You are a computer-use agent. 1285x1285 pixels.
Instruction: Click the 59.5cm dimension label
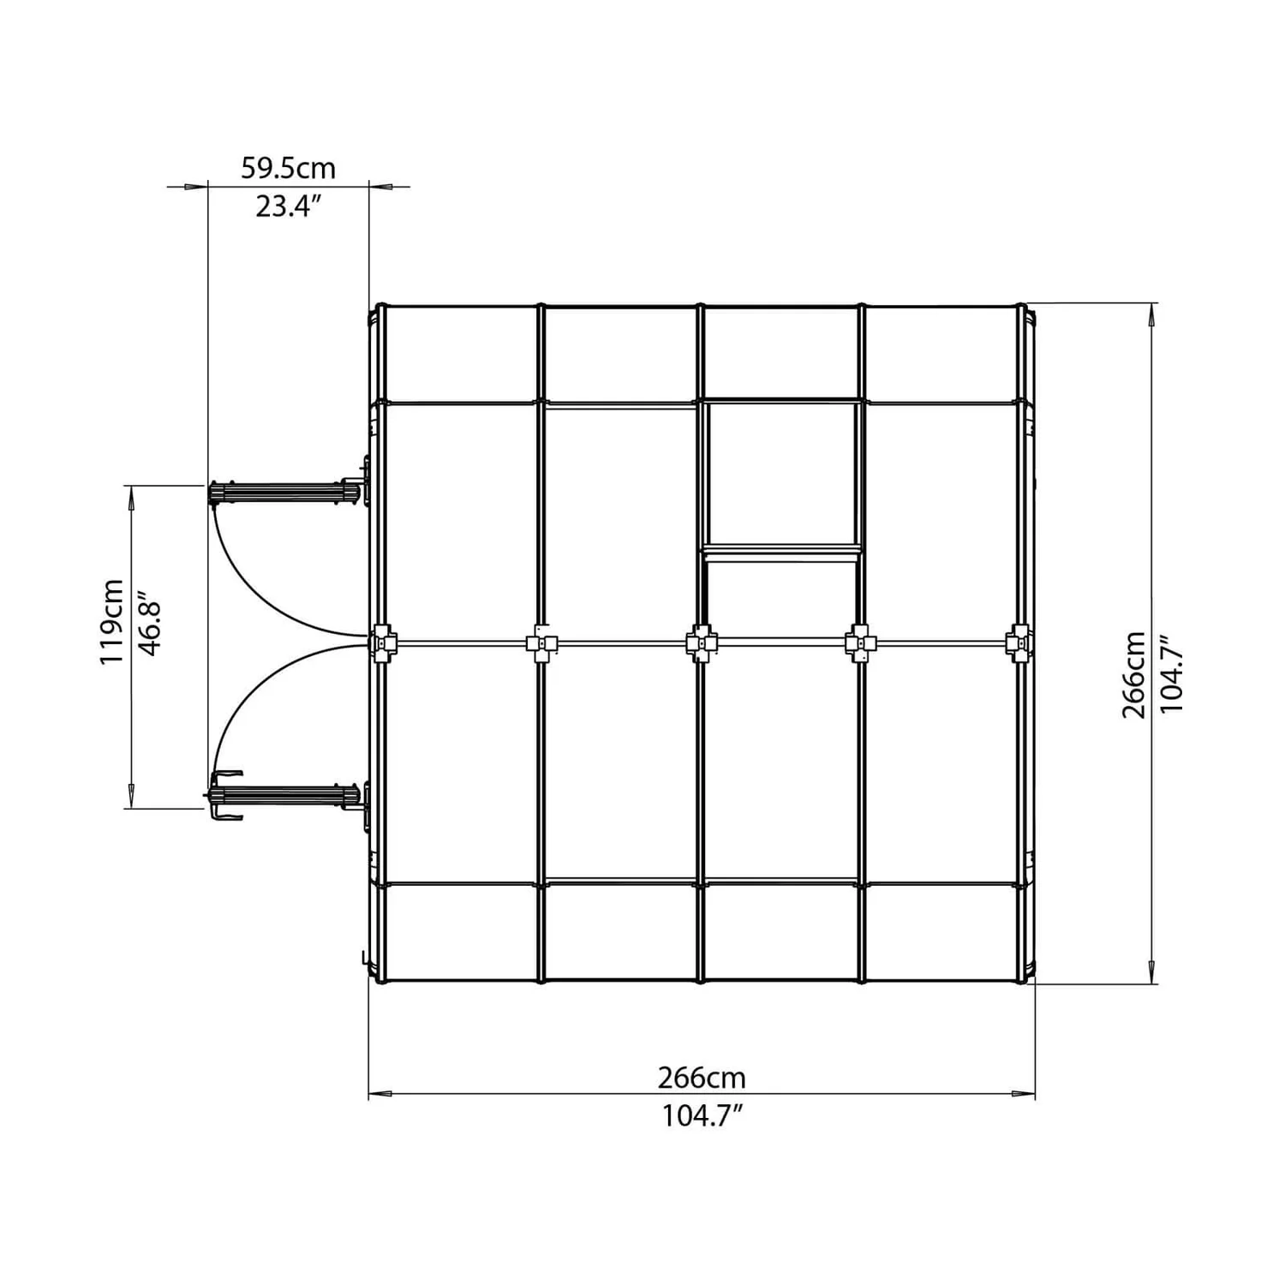coord(288,168)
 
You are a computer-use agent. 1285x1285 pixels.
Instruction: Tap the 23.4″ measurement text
coord(288,206)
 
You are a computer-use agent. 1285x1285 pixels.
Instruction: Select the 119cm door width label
coord(112,621)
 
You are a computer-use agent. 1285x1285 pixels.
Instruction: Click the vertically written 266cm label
coord(1133,675)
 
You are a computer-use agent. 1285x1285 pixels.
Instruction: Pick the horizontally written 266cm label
coord(701,1077)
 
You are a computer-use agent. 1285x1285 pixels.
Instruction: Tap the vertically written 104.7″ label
coord(1170,675)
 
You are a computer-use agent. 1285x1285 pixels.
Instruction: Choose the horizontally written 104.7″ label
coord(701,1116)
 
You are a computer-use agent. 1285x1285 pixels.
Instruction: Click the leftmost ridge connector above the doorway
coord(383,643)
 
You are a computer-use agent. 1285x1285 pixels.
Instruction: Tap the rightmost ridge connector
coord(1019,642)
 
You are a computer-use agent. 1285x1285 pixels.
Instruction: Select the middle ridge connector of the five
coord(702,642)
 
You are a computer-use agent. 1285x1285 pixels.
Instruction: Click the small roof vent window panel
coord(780,473)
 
